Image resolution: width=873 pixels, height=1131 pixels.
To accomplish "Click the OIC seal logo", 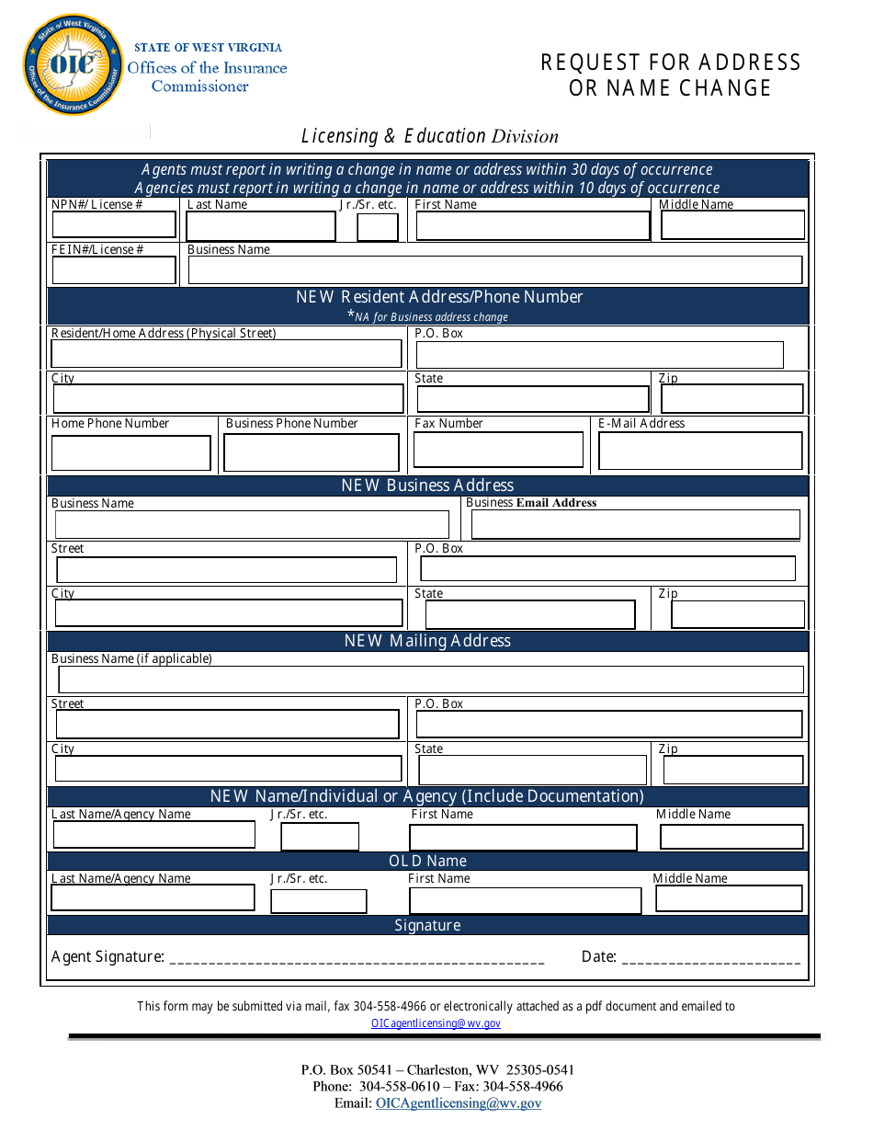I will click(x=73, y=65).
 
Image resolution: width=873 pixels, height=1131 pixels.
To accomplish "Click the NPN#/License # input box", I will click(x=114, y=225).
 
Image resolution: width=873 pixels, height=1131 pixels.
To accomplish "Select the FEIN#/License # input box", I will click(x=114, y=270).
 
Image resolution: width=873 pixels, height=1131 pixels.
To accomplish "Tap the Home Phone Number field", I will click(x=131, y=453).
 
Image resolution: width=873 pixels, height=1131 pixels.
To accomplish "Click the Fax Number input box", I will click(x=498, y=451).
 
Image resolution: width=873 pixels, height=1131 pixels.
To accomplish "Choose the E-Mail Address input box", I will click(x=700, y=451).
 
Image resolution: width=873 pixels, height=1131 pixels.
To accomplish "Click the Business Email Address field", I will click(x=635, y=524).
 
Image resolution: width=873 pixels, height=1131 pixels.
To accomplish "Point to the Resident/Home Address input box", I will click(x=226, y=354).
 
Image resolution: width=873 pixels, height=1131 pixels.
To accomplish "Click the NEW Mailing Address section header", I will click(x=427, y=641).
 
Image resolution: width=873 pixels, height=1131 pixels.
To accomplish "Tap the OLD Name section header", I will click(x=427, y=861).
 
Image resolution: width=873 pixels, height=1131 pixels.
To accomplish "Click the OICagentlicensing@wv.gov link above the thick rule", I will click(x=436, y=1023).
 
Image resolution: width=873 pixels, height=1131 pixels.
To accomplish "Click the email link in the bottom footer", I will click(x=458, y=1103).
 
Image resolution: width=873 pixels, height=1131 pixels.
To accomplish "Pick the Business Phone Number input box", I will click(x=312, y=453).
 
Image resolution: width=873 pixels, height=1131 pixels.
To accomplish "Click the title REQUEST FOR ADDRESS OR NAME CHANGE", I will click(x=671, y=75).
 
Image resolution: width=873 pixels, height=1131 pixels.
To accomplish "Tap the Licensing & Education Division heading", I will click(x=429, y=136).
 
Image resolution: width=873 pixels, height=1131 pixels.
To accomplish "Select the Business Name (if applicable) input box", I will click(x=431, y=680).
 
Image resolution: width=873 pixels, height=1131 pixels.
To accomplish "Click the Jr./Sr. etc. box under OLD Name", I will click(x=318, y=901).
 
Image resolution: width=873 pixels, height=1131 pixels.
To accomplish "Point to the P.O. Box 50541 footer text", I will click(x=437, y=1070).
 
